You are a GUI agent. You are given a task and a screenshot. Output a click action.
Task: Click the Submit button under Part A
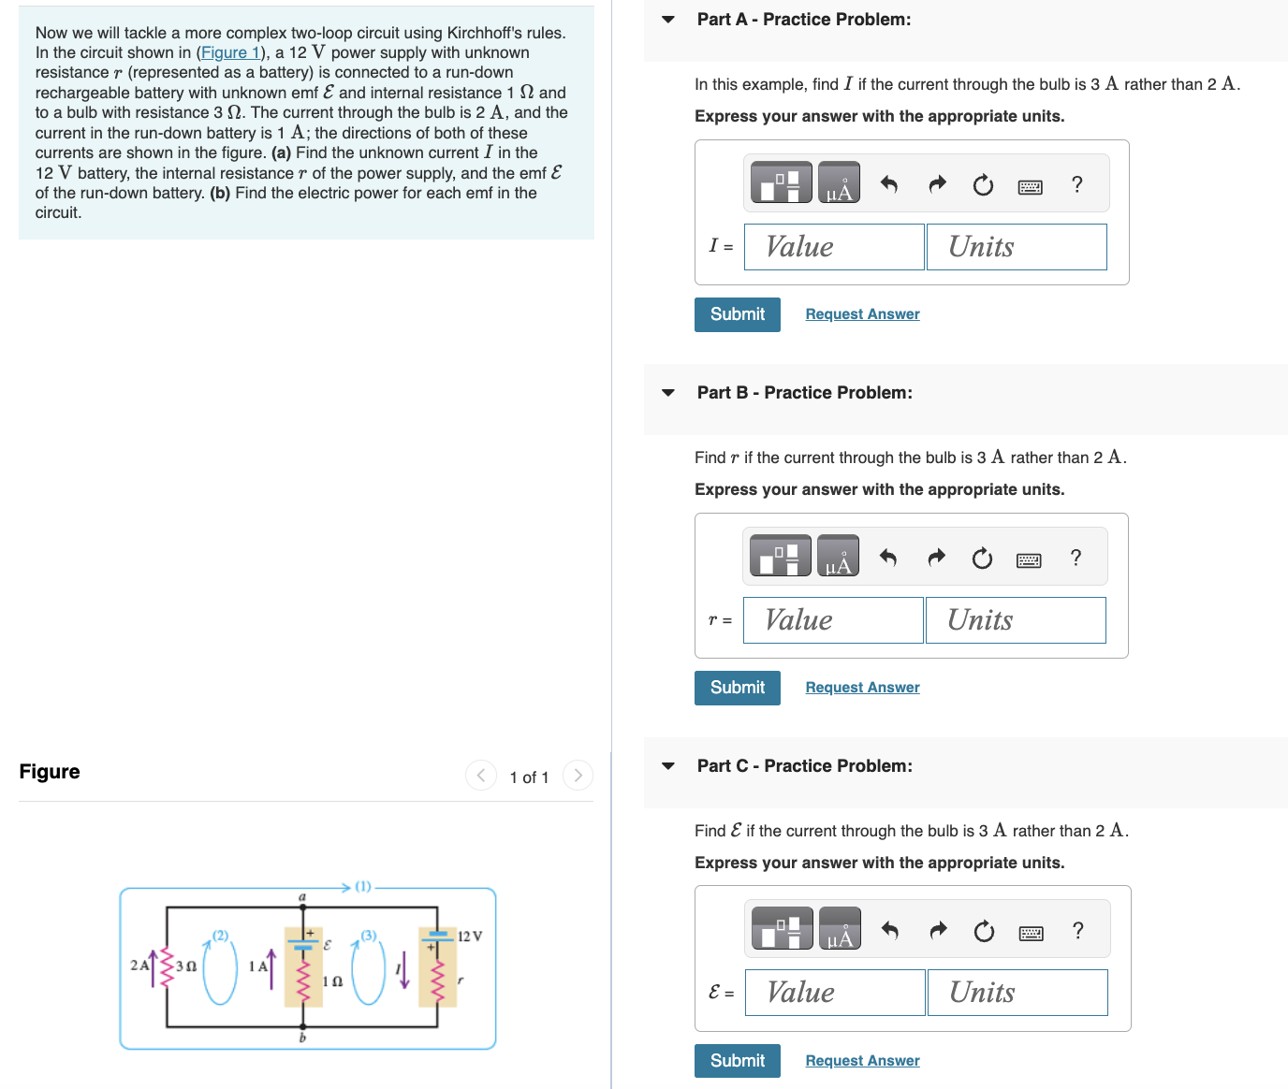click(x=737, y=314)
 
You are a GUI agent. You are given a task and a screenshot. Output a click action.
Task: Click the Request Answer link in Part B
click(x=862, y=688)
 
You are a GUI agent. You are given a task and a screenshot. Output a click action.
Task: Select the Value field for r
click(x=833, y=620)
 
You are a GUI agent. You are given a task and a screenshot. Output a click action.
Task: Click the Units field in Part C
click(x=1017, y=993)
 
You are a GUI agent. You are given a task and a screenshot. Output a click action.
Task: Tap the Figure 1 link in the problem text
click(x=230, y=52)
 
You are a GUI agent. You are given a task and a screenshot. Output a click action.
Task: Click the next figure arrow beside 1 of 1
click(x=578, y=776)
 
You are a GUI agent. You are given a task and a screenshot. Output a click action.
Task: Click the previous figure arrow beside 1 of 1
click(x=481, y=776)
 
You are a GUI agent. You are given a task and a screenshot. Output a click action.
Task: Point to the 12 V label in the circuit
click(x=469, y=936)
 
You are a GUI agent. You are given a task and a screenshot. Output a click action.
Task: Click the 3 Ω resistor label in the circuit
click(x=185, y=966)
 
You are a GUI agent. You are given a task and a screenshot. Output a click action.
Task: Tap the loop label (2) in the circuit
click(x=220, y=935)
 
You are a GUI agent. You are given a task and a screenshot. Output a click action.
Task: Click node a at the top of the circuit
click(x=302, y=897)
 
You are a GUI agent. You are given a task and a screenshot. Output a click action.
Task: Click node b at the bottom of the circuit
click(x=302, y=1038)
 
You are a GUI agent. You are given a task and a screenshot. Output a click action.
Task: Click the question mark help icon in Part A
click(x=1076, y=184)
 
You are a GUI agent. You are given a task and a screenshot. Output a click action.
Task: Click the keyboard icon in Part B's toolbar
click(x=1028, y=560)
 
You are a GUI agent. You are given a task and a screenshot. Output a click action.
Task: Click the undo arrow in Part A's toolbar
click(x=889, y=184)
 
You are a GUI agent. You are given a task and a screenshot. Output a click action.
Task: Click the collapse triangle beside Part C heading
click(x=667, y=765)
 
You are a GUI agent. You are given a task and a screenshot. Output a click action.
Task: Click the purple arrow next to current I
click(x=404, y=973)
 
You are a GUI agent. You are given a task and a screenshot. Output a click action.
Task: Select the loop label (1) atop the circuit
click(x=363, y=886)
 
